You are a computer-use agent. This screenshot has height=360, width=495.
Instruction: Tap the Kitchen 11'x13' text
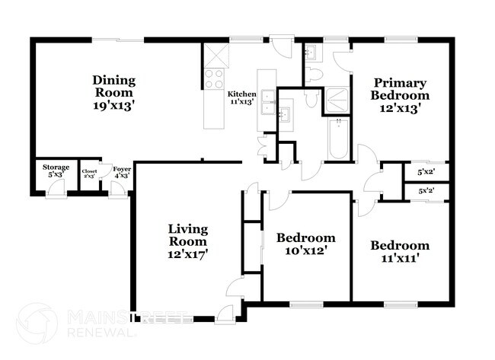242,97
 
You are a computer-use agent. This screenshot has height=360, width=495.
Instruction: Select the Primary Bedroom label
400,95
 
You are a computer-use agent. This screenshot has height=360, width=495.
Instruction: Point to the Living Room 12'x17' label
188,241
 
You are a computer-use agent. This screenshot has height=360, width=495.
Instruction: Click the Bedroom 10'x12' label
305,244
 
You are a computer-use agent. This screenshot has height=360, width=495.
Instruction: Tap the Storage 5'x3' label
56,170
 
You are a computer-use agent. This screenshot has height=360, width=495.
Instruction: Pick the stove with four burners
214,78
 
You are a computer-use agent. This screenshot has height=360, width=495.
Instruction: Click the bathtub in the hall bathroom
338,139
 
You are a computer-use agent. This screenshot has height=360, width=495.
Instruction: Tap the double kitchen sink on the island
267,100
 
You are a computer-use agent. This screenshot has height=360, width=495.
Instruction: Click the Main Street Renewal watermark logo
37,323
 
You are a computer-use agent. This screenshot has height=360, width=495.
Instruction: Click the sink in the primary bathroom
310,52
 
